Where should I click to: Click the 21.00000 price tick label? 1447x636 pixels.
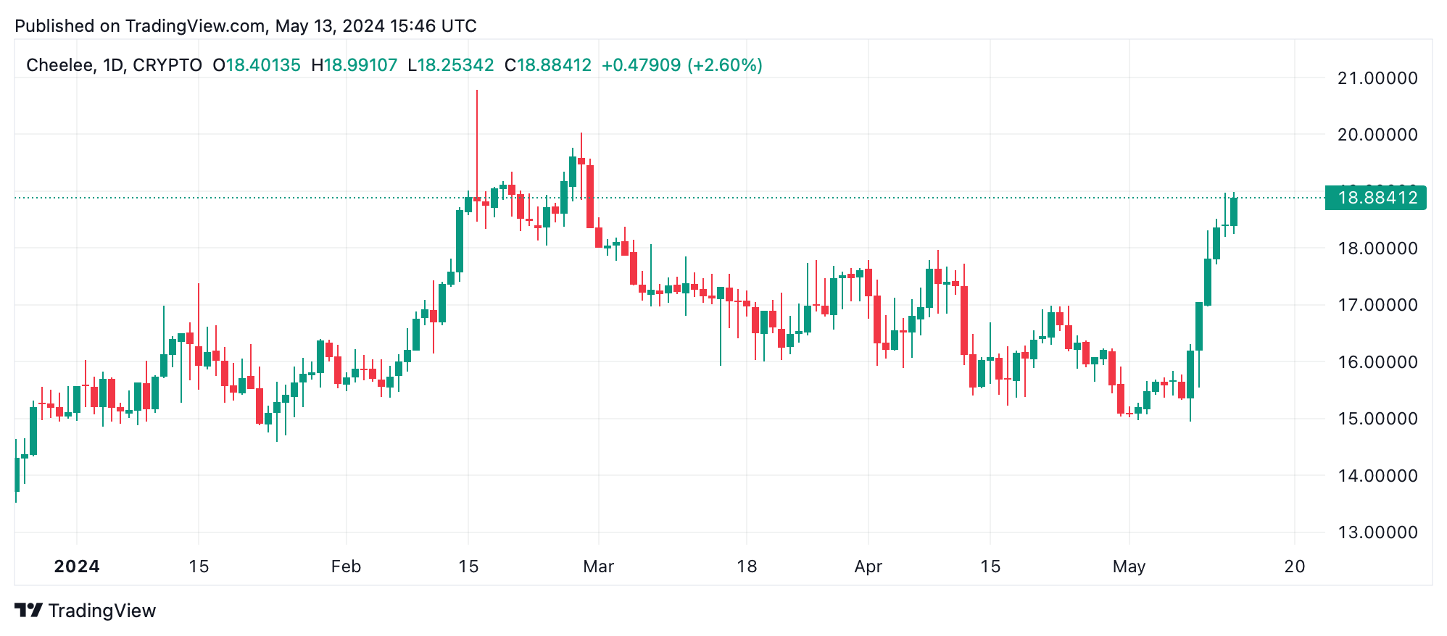pos(1377,78)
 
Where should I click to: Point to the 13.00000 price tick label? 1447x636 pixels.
pos(1377,532)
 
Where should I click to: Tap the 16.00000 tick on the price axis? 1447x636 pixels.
pos(1377,362)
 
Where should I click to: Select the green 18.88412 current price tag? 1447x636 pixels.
pos(1375,198)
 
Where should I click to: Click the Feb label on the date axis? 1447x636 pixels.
pos(346,566)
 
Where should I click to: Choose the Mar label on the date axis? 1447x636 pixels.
pos(598,566)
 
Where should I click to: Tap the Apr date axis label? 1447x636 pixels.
pos(868,566)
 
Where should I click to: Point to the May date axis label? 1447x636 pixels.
pos(1129,566)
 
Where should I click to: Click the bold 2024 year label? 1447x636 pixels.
pos(77,566)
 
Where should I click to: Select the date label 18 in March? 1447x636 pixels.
pos(747,566)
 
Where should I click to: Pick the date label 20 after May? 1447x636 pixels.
pos(1295,566)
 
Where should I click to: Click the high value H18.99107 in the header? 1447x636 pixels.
pos(354,65)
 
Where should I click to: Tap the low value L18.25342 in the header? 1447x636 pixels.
pos(450,65)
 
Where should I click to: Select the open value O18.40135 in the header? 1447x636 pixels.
pos(257,65)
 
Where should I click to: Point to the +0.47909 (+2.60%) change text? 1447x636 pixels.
pos(681,65)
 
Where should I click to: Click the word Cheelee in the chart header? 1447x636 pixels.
pos(59,65)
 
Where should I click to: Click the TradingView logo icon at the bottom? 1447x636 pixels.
pos(29,611)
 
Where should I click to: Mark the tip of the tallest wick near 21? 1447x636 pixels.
pos(477,91)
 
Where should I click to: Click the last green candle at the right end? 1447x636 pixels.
pos(1234,212)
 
